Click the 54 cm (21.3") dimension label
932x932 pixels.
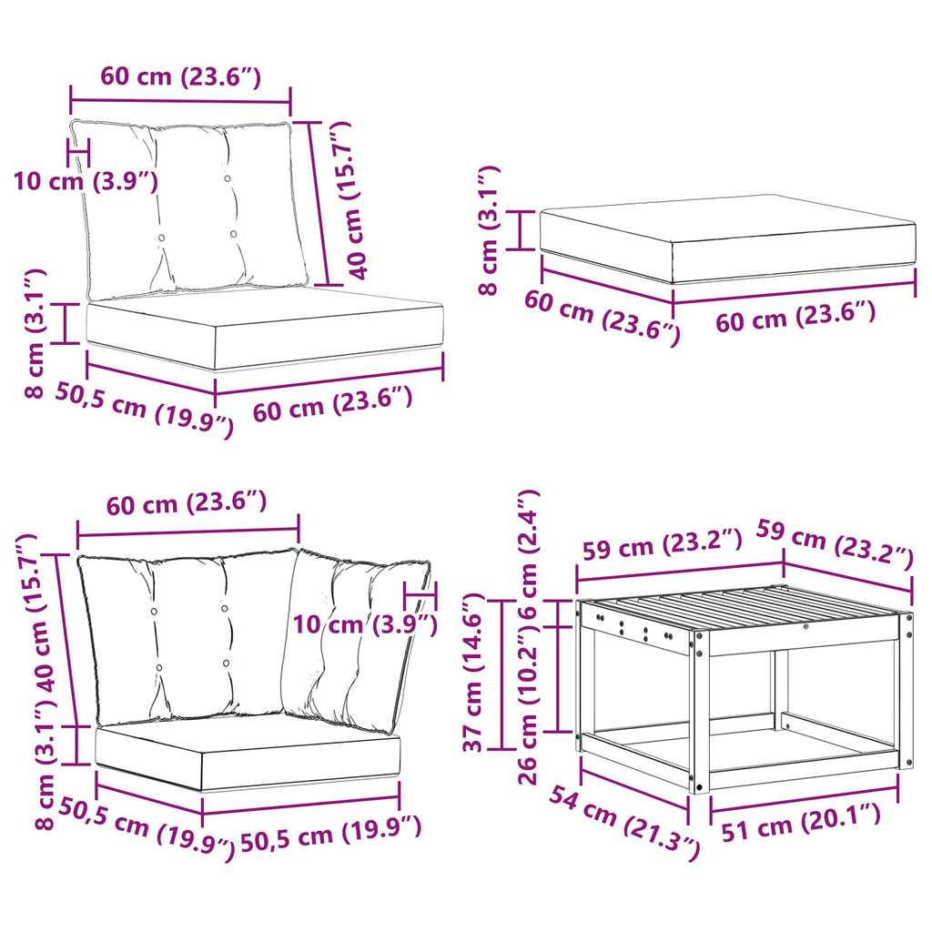[x=624, y=823]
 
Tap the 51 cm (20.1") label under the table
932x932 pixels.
[x=801, y=822]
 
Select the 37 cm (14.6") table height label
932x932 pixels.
[x=474, y=673]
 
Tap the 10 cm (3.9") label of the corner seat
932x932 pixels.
[x=365, y=624]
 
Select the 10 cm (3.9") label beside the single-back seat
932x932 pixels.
[x=86, y=180]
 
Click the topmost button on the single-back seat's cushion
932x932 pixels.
[x=227, y=177]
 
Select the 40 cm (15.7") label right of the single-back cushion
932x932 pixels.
[x=349, y=199]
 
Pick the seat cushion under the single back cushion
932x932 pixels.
[x=265, y=329]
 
